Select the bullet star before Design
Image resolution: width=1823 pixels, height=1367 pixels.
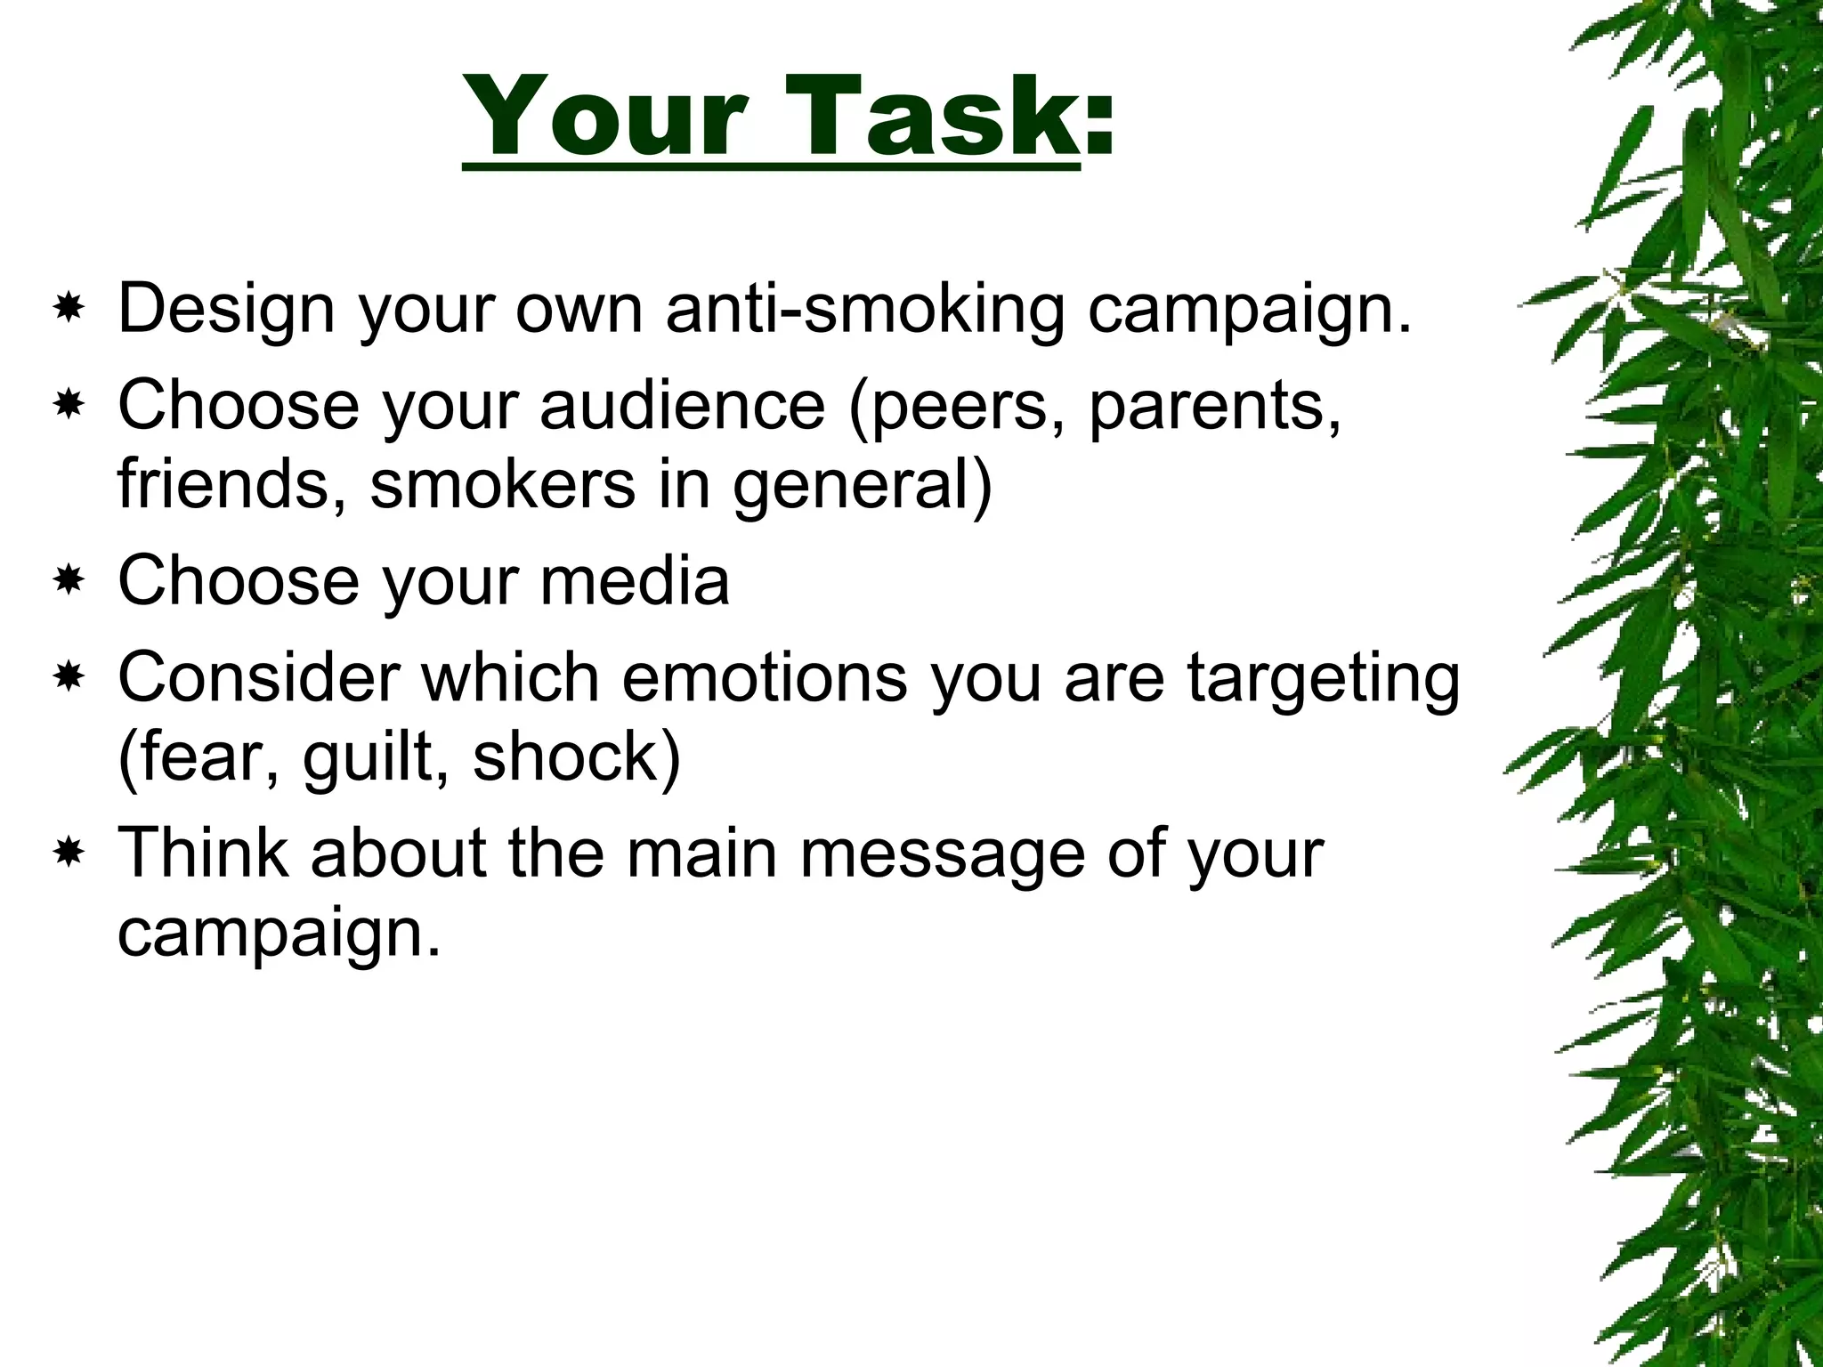point(68,310)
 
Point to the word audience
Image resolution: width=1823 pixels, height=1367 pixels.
point(683,406)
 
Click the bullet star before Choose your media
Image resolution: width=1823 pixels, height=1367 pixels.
point(68,582)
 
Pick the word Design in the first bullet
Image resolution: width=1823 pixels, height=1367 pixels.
point(227,310)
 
